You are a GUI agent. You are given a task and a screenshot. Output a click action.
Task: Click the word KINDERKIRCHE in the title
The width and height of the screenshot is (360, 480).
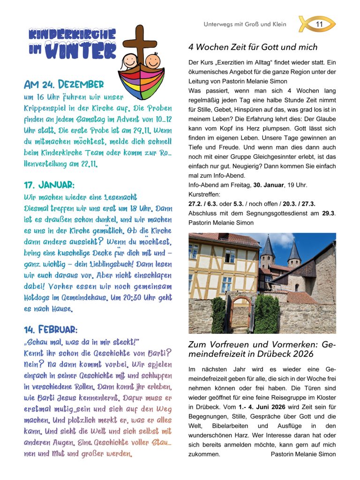click(x=72, y=34)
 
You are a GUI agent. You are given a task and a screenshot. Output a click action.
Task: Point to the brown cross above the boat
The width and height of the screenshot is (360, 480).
click(x=139, y=45)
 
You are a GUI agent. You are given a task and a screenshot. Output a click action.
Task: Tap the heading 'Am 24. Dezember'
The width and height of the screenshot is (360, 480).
click(x=64, y=85)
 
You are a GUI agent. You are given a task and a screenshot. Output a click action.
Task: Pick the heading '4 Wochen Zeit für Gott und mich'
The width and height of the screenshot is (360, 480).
click(x=253, y=47)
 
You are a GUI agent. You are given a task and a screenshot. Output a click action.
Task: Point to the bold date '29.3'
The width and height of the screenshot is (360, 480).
click(x=329, y=213)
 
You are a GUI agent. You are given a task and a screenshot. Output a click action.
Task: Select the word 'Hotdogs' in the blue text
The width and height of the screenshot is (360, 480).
click(x=40, y=298)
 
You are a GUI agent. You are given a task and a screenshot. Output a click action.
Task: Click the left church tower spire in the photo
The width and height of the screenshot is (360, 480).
click(x=268, y=247)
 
